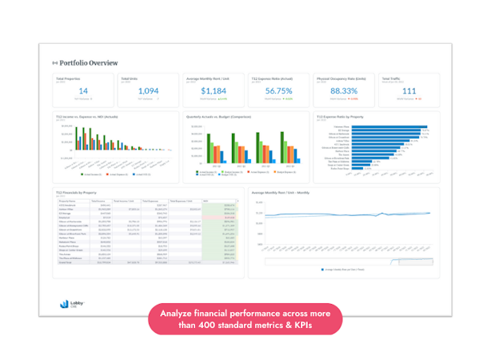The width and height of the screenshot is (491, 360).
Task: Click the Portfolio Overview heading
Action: [89, 62]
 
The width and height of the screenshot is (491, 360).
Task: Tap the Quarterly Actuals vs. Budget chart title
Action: [217, 117]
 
